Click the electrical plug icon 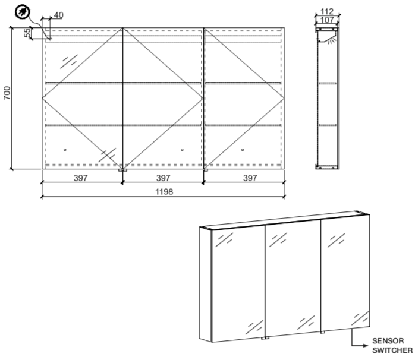23,12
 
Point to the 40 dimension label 58,15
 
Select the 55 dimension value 27,33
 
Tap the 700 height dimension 7,93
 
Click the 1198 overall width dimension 164,191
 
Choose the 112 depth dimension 327,11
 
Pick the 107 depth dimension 327,20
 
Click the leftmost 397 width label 80,178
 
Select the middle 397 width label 163,178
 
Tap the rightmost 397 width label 250,178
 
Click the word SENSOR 388,340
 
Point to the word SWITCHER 392,350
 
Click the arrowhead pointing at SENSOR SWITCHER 366,346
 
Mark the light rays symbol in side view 332,41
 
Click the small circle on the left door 65,150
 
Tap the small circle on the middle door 182,150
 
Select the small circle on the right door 243,150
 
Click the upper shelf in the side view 328,83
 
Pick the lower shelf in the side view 328,125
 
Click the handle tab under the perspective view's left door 265,338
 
